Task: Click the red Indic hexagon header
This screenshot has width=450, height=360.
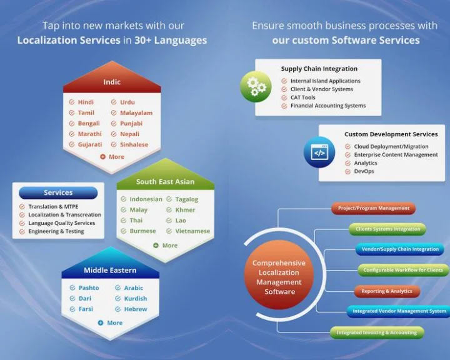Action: [x=112, y=82]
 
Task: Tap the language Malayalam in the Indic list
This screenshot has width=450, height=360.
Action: [x=136, y=113]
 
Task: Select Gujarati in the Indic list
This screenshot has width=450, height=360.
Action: [x=89, y=144]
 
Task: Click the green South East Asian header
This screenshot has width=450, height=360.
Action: [x=165, y=182]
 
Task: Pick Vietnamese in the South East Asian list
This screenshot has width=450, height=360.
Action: [x=192, y=231]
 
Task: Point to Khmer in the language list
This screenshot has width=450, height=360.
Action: [x=185, y=210]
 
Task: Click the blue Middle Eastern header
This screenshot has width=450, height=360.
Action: [x=110, y=271]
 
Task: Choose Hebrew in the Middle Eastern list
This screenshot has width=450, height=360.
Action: [x=136, y=309]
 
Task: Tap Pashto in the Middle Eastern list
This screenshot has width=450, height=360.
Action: [x=88, y=288]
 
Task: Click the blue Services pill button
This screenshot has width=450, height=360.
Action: [x=58, y=193]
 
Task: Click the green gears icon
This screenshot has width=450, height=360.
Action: [x=256, y=86]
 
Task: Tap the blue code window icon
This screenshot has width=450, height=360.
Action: [x=319, y=152]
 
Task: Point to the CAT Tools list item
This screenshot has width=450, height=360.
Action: [x=302, y=97]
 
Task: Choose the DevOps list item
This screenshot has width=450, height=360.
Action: [x=364, y=171]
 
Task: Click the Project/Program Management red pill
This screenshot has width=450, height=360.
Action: [x=373, y=208]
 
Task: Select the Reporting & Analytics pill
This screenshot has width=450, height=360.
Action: [x=386, y=291]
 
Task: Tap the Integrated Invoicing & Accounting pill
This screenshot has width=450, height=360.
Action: [x=376, y=332]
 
